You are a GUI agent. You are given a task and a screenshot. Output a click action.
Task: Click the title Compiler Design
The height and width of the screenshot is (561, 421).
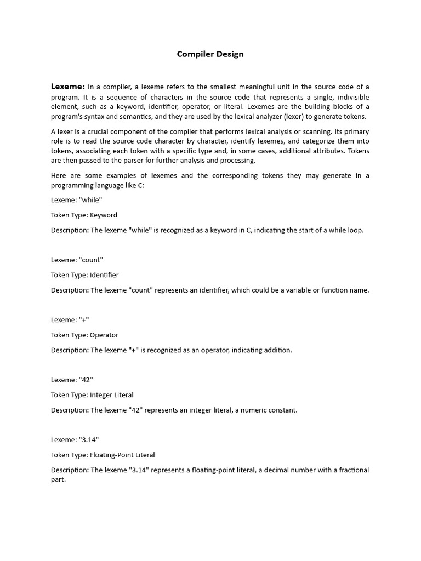[210, 54]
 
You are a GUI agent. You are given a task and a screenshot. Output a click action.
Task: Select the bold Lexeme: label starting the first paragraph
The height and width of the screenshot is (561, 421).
[68, 87]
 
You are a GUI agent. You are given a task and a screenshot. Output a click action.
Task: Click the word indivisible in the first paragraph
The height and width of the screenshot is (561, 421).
[349, 97]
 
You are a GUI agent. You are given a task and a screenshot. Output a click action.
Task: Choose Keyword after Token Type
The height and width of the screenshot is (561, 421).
[104, 215]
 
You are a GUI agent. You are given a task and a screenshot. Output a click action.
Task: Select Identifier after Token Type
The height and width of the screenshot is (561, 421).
[104, 275]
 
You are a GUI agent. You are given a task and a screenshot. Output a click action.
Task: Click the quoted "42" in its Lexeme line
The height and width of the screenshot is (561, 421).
[87, 380]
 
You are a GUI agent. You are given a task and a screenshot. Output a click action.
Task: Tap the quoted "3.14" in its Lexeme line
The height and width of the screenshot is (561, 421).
[89, 440]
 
